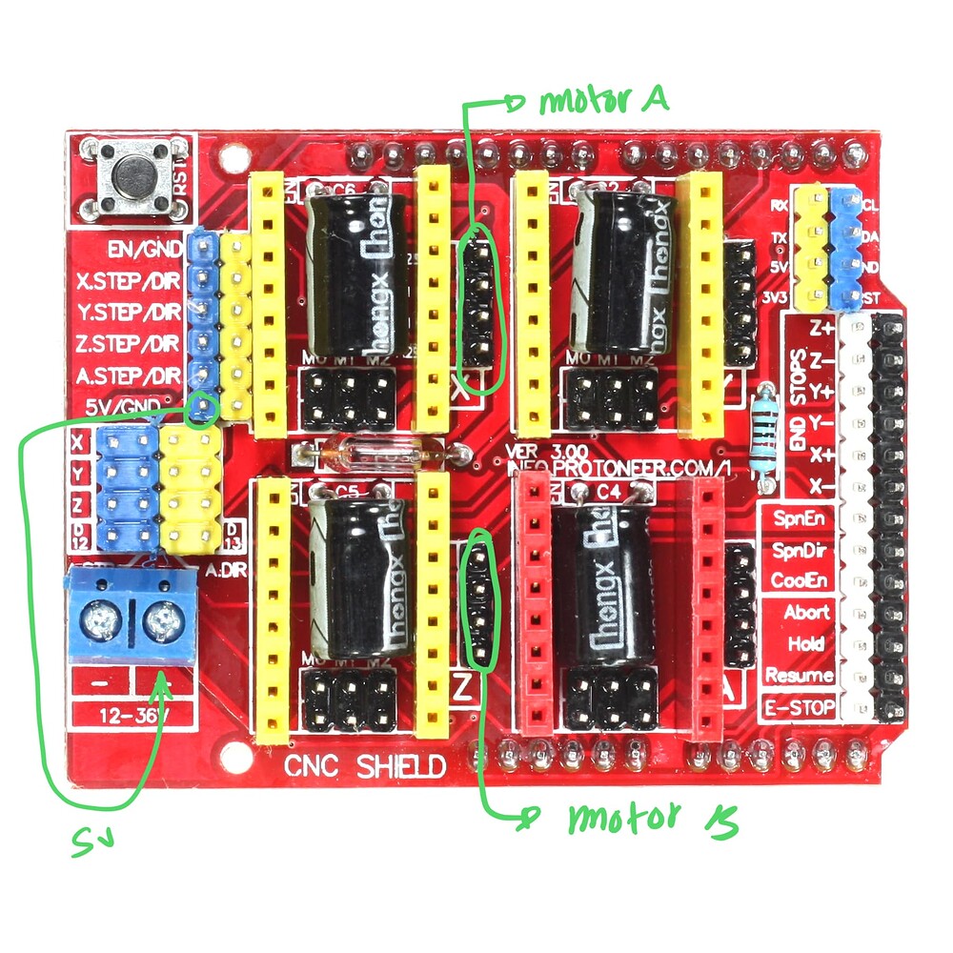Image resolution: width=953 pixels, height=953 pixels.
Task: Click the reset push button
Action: [134, 175]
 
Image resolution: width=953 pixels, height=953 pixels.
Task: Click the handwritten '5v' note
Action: [92, 839]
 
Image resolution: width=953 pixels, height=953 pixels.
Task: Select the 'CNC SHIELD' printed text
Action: [365, 765]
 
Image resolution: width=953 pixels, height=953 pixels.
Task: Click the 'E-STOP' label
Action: [801, 707]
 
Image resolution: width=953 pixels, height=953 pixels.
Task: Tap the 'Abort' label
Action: [807, 612]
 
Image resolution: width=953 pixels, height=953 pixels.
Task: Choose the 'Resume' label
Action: [800, 676]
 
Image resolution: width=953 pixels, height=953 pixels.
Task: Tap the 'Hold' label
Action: [806, 644]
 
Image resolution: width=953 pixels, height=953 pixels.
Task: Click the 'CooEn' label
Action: [801, 580]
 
